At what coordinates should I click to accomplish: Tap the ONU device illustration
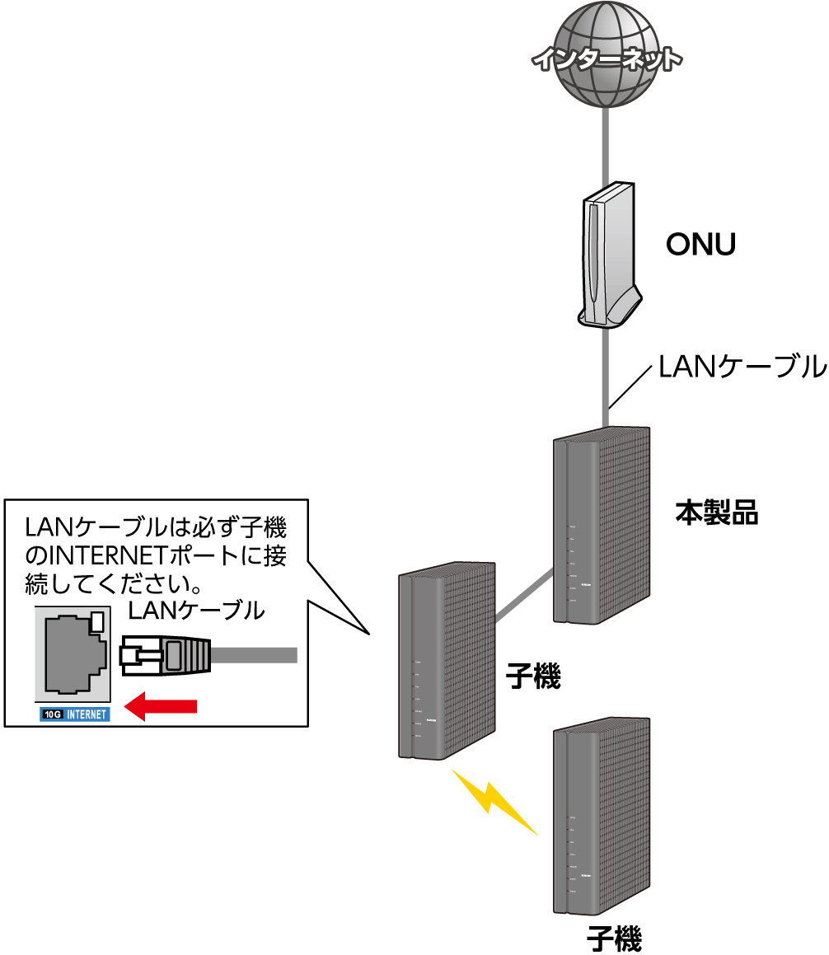[608, 255]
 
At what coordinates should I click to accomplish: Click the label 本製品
[716, 513]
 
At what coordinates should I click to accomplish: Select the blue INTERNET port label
[87, 714]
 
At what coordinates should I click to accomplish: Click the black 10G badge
[52, 714]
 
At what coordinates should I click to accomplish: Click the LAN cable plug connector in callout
[165, 656]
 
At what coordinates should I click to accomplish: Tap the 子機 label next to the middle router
[533, 678]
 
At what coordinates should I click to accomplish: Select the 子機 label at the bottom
[614, 939]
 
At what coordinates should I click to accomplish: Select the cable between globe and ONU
[607, 148]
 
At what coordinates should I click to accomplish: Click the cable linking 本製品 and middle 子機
[524, 595]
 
